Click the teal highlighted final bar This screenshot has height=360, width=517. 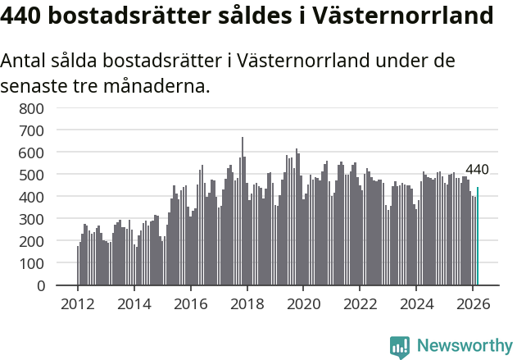coord(478,237)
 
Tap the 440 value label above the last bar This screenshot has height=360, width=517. coord(477,170)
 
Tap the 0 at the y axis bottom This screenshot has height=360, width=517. coord(39,286)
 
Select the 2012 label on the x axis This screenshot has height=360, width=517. coord(78,303)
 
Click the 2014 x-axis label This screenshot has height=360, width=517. coord(134,303)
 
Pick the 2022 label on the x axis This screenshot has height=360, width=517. coord(360,303)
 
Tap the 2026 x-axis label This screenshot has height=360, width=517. coord(473,303)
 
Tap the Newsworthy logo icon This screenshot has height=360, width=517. coord(400,346)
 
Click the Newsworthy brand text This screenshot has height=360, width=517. coord(464,346)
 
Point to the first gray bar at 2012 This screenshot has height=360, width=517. coord(78,266)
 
